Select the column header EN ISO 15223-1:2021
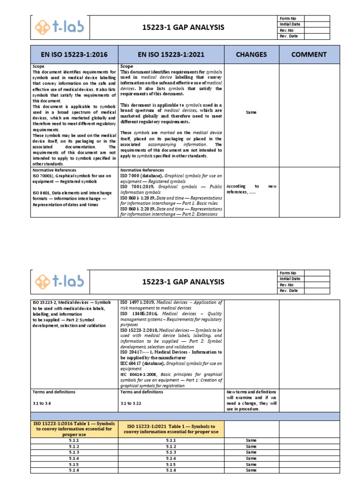point(171,54)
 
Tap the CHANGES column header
point(252,54)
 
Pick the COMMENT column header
point(308,54)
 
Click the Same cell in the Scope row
point(252,112)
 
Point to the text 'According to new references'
point(252,189)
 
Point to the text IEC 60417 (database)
point(139,363)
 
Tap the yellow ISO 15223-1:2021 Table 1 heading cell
point(171,428)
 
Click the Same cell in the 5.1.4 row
point(252,458)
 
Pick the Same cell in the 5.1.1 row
point(252,441)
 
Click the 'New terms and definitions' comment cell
point(252,400)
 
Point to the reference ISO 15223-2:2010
point(139,330)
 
